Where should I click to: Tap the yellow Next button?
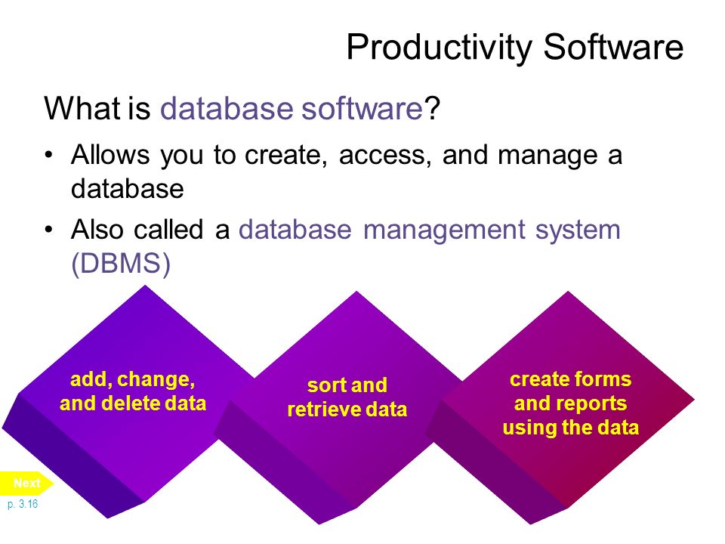(x=27, y=483)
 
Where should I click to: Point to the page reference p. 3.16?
(x=23, y=504)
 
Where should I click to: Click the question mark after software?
(x=432, y=108)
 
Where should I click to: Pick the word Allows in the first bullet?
(x=110, y=154)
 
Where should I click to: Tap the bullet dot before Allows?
(x=49, y=154)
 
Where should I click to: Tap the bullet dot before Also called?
(x=49, y=230)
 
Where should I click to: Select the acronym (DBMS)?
(x=121, y=264)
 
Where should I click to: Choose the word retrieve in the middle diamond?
(x=325, y=410)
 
